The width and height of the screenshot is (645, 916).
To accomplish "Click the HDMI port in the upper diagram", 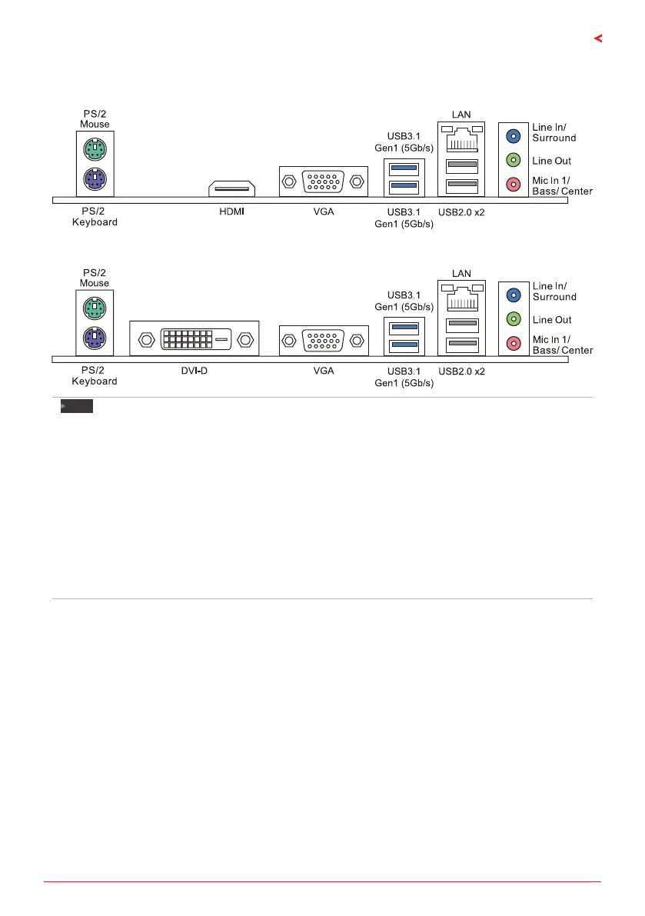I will click(x=232, y=188).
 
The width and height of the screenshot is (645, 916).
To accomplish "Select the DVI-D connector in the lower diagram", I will click(x=194, y=338).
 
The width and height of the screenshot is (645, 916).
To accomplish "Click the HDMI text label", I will click(x=232, y=211).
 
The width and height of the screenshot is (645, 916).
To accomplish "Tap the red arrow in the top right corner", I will click(x=597, y=38).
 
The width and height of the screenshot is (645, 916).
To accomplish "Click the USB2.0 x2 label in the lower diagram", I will click(x=461, y=371).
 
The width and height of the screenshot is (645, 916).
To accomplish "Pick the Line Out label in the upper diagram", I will click(x=551, y=161).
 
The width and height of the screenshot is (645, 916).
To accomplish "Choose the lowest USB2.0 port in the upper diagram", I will click(x=461, y=185).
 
